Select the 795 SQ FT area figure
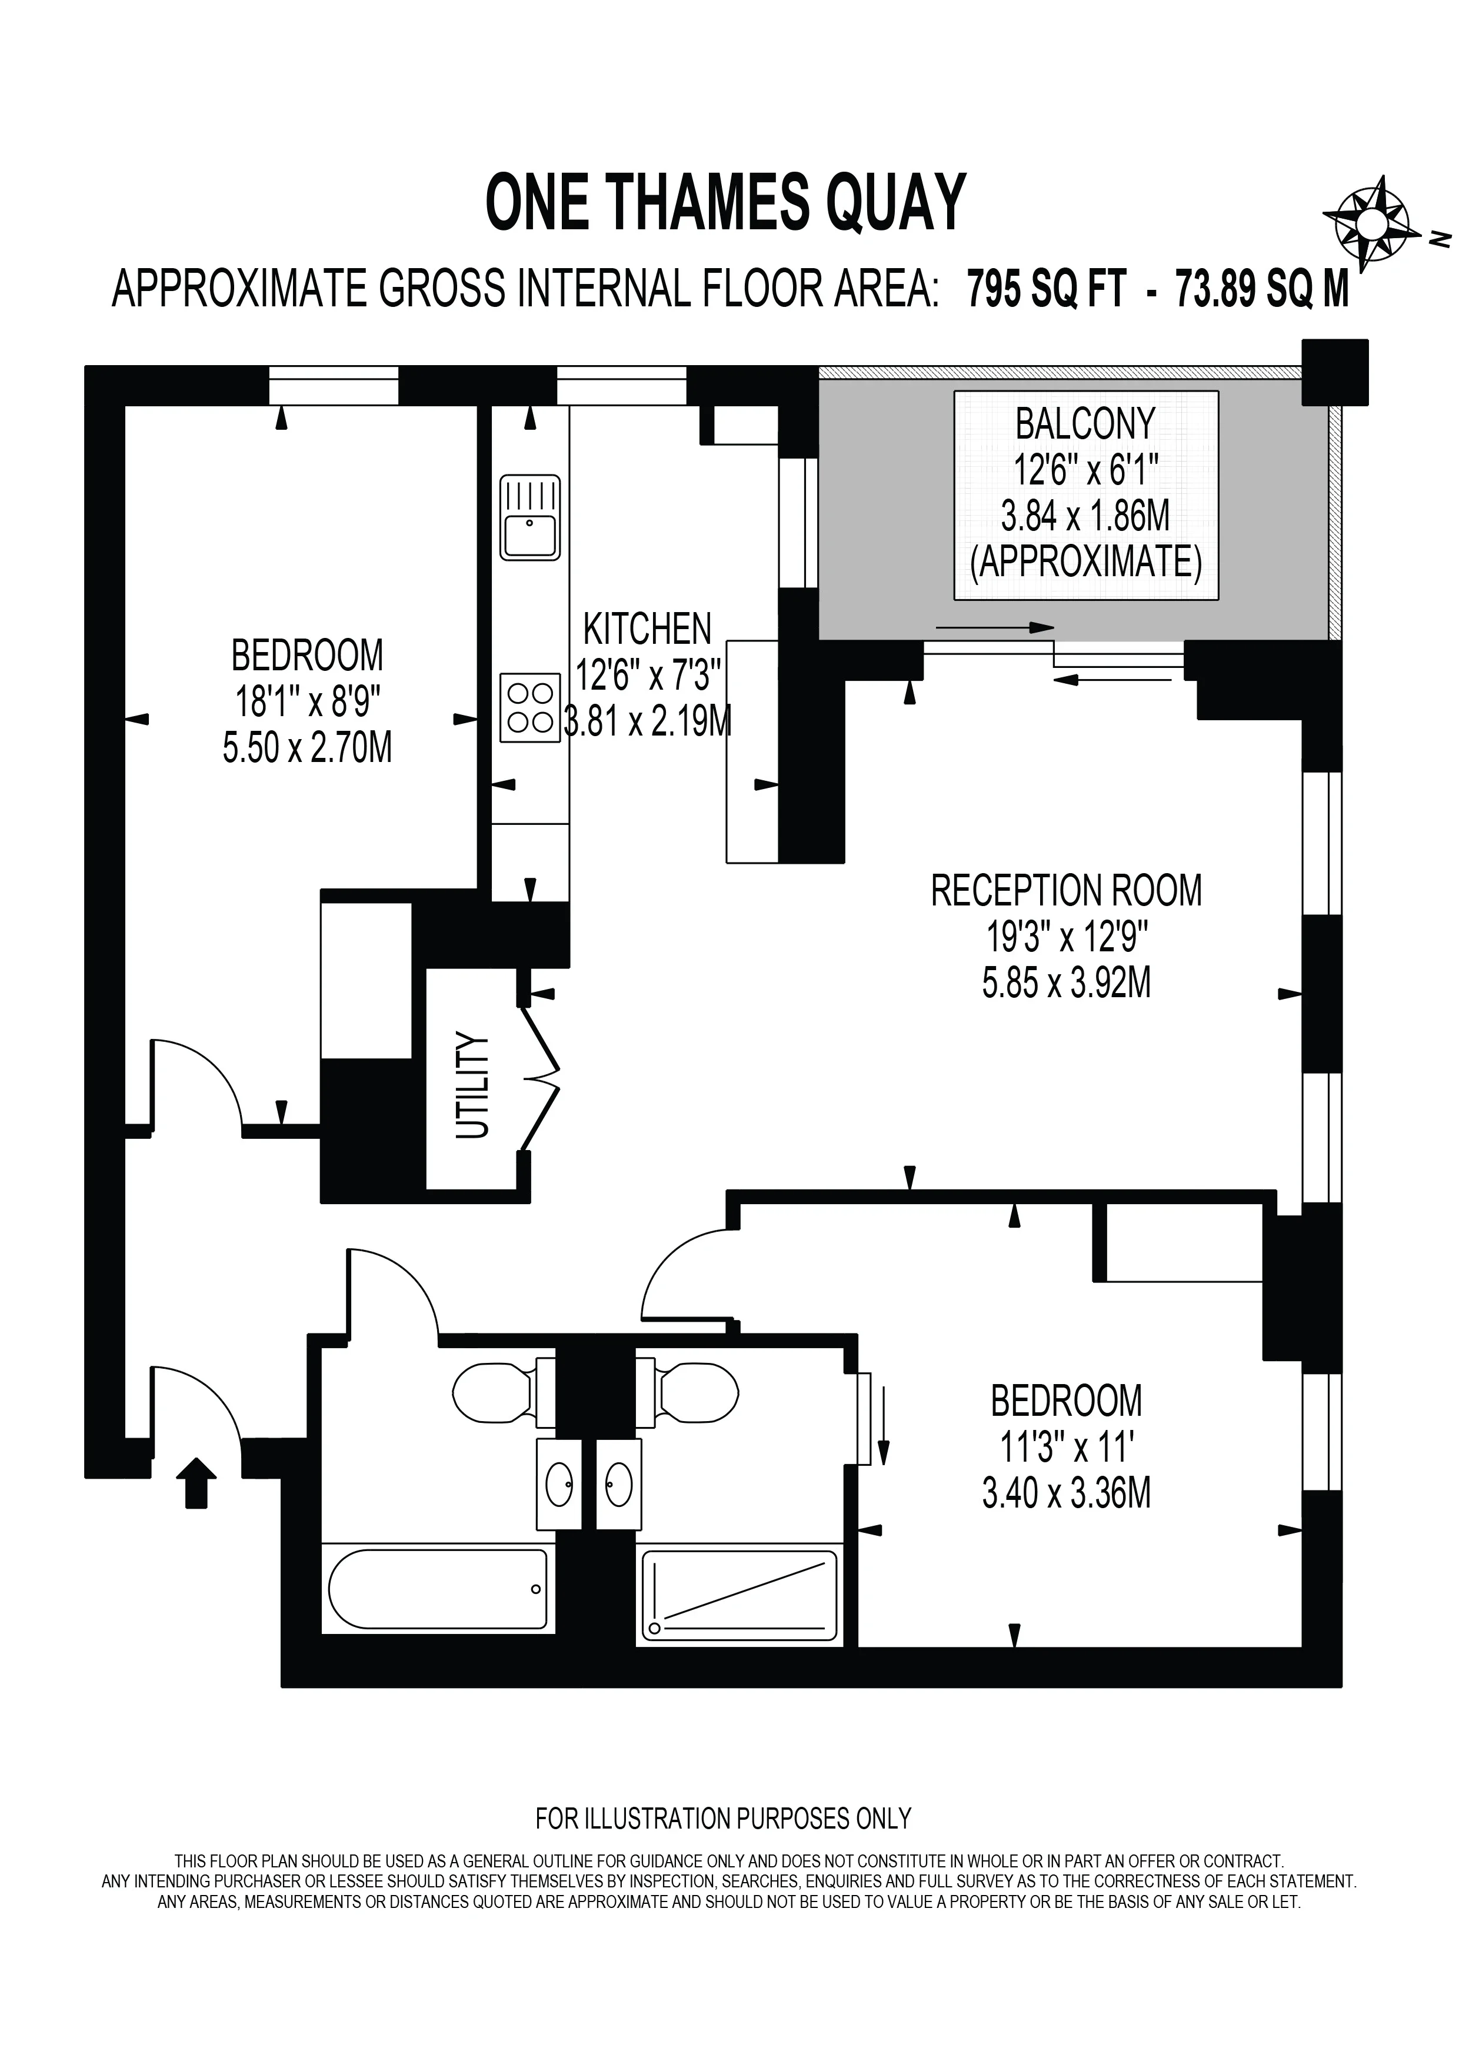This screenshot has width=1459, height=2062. (x=1047, y=289)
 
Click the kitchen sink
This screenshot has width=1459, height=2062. (x=530, y=518)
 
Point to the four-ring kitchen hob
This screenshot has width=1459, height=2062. (x=530, y=708)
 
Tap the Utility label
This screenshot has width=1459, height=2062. (x=472, y=1086)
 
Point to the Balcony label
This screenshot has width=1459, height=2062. (x=1085, y=424)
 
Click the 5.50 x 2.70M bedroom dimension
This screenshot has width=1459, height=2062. (x=307, y=747)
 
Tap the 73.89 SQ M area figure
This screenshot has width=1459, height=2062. (x=1263, y=289)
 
